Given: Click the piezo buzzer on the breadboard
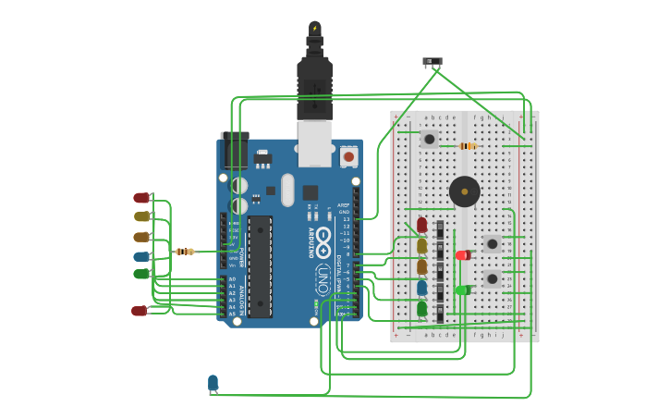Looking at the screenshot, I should coord(464,191).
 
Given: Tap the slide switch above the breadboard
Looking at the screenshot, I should coord(432,62).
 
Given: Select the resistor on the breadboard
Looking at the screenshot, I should coord(467,145).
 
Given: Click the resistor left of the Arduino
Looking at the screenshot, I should coord(185,252).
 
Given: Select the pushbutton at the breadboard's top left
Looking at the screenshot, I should coord(429,139).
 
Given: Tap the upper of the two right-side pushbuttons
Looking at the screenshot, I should coord(492,244).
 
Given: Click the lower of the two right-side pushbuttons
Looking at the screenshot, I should coord(492,277).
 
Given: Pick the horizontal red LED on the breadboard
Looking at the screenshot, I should coord(462,255).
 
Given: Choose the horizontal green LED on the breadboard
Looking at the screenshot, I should coord(462,290).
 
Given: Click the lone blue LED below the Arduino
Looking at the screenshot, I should coord(213,383).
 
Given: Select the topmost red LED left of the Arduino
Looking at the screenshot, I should coord(140,198).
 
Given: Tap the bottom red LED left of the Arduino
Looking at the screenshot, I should coord(139,311).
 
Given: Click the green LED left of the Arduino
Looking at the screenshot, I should coord(140,274).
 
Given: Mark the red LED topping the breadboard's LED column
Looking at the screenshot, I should coord(422,225).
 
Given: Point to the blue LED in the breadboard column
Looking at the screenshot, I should coord(422,288).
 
